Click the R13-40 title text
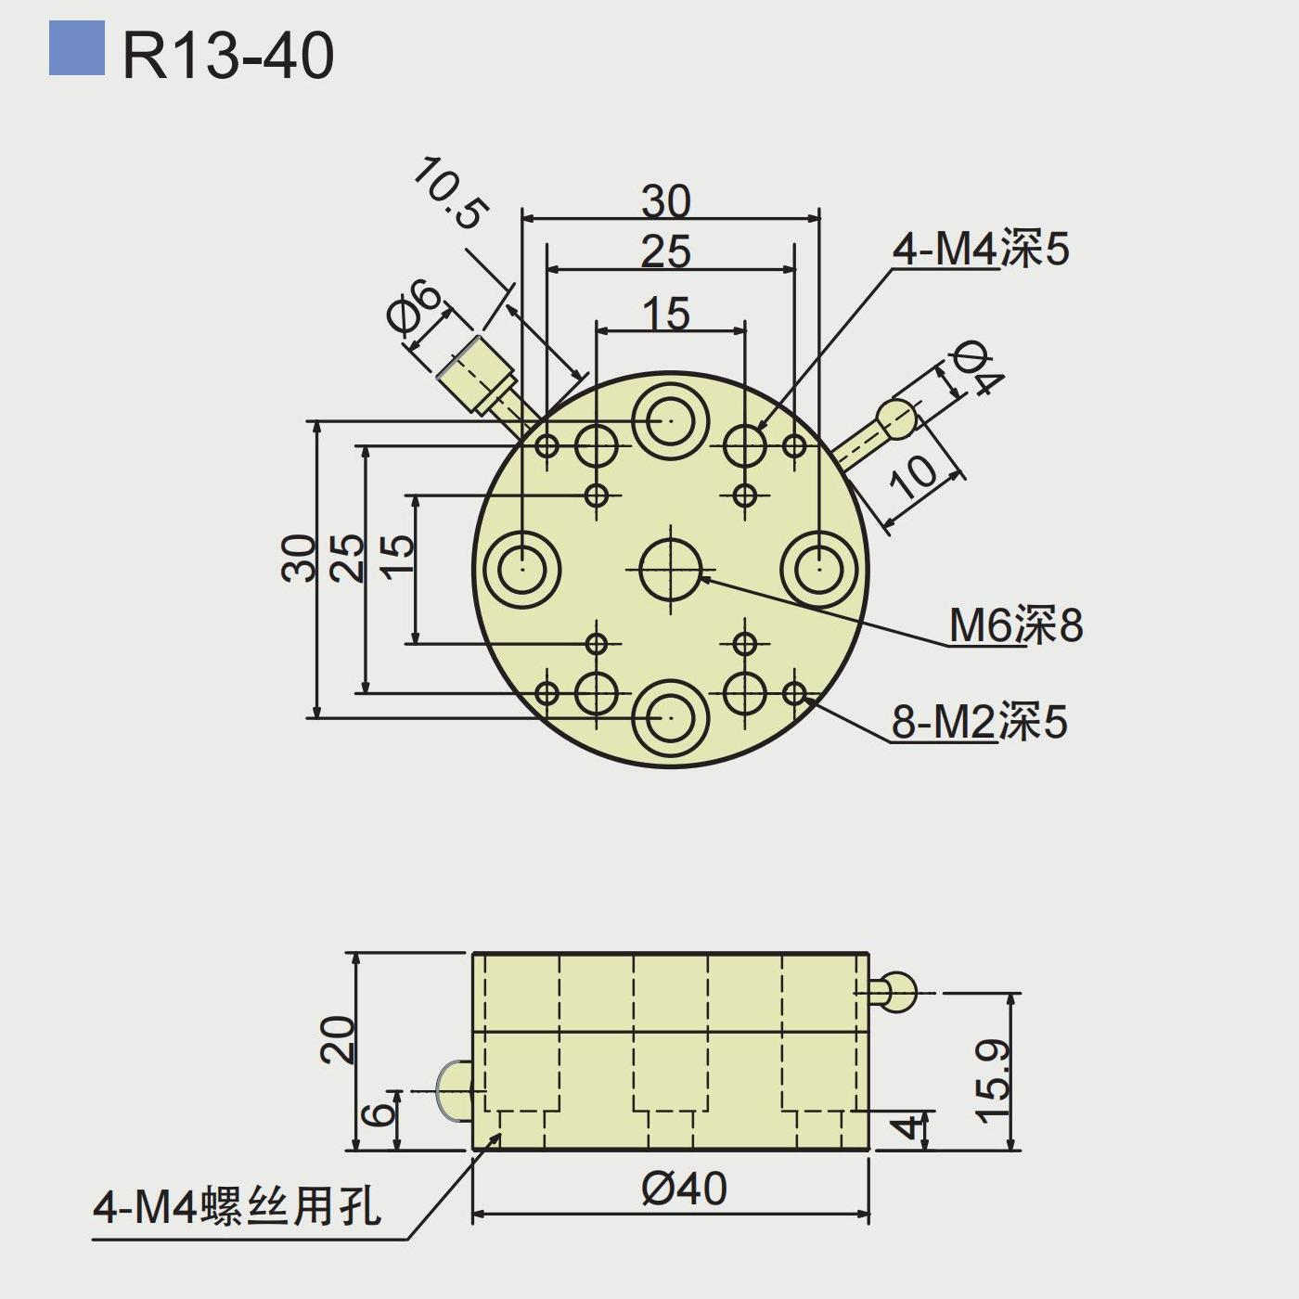click(x=228, y=56)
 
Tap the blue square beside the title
click(x=77, y=47)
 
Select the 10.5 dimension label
click(x=448, y=193)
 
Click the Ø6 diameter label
click(x=414, y=304)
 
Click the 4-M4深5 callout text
click(x=981, y=249)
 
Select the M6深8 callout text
click(x=1016, y=625)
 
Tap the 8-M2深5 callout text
click(x=980, y=722)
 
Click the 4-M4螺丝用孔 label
click(x=237, y=1207)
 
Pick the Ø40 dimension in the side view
click(x=684, y=1189)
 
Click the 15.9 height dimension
click(x=992, y=1082)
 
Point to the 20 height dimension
click(x=337, y=1039)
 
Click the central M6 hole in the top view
click(x=671, y=569)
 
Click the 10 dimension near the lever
click(x=914, y=476)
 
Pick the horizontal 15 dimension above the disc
click(x=666, y=314)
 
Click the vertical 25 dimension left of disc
click(x=348, y=557)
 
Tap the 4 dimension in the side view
click(x=911, y=1127)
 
